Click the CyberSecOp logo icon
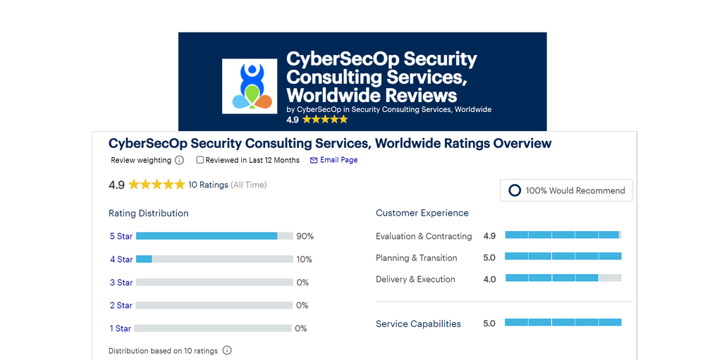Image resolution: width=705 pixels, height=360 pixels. (x=249, y=86)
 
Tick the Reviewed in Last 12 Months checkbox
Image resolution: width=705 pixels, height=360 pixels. (x=200, y=160)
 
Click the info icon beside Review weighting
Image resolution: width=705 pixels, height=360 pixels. (x=179, y=161)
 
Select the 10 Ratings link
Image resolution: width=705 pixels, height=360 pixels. (x=208, y=185)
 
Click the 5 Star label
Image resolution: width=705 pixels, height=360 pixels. (x=121, y=236)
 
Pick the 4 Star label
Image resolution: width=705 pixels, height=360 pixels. (x=121, y=259)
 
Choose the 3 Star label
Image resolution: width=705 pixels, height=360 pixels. (x=121, y=283)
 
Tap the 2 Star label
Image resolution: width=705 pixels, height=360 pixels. (x=121, y=306)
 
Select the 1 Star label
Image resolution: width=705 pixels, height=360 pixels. (x=121, y=328)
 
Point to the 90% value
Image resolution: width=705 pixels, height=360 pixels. (x=305, y=236)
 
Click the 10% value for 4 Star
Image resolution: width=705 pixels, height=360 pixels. (x=304, y=259)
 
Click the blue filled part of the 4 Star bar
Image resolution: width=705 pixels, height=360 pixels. (x=144, y=259)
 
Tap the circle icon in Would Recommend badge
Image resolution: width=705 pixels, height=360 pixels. (x=515, y=190)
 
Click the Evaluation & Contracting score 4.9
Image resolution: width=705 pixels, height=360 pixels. (x=489, y=236)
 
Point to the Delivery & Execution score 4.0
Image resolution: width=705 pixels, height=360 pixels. (x=489, y=279)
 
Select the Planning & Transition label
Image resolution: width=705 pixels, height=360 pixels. (x=417, y=258)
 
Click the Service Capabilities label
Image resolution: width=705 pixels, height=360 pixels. (x=418, y=323)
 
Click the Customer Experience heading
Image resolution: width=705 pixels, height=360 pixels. (x=422, y=213)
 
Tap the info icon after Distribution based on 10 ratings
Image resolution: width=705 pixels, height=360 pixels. (x=227, y=350)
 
